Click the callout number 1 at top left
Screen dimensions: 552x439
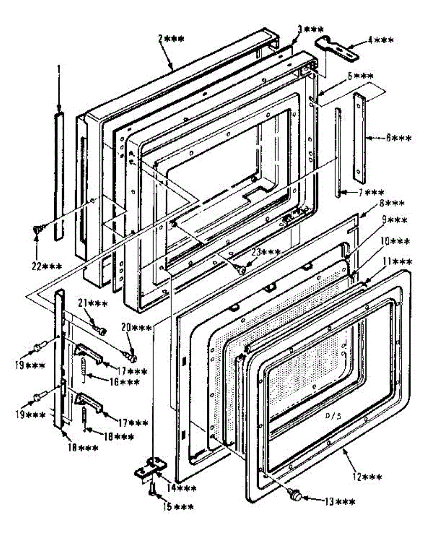[x=59, y=69]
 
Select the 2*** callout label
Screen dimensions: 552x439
[x=171, y=40]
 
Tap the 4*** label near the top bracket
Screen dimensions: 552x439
[x=380, y=40]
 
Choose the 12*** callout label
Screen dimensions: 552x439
[x=368, y=477]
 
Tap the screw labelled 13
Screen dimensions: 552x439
[x=297, y=496]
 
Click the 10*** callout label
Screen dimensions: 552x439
[x=393, y=241]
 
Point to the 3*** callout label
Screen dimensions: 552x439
[x=310, y=29]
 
